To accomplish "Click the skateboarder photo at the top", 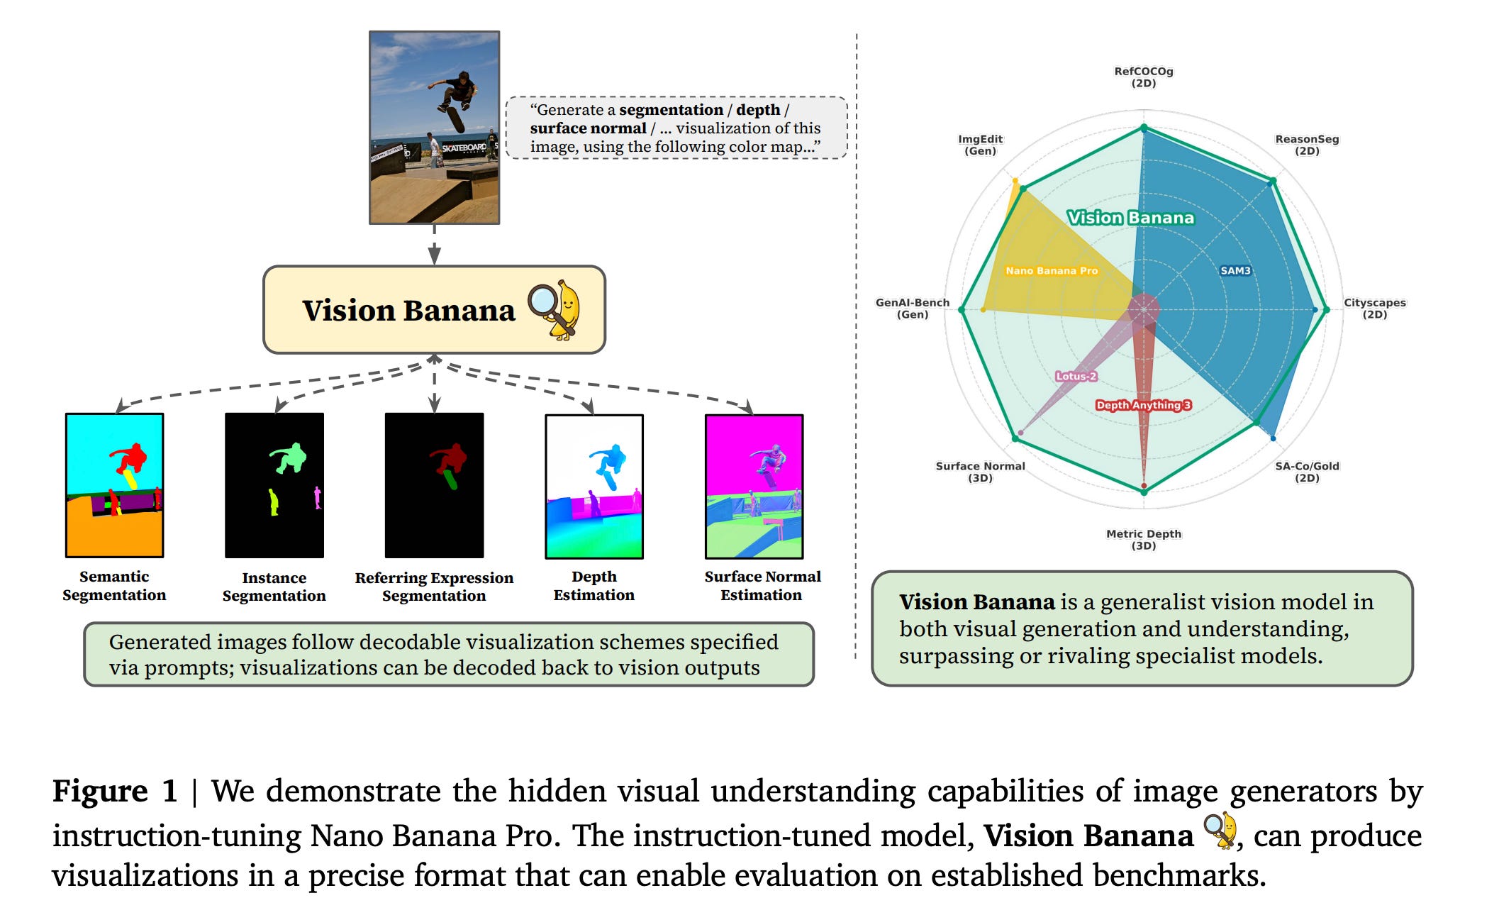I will click(434, 128).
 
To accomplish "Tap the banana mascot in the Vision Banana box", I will click(555, 309).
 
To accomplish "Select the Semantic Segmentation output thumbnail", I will click(114, 485).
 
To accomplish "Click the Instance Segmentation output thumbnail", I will click(274, 485).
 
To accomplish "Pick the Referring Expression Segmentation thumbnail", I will click(434, 485).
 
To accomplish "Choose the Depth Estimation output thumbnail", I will click(594, 487).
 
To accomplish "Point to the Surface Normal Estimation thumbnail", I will click(754, 487).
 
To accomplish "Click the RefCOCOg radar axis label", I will click(1143, 77).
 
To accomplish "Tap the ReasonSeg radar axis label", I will click(1307, 145).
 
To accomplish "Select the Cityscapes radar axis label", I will click(1374, 308).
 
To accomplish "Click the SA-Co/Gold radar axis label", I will click(1307, 472).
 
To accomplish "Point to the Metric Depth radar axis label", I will click(1143, 539).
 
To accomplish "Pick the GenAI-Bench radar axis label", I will click(912, 308).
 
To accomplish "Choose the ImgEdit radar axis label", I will click(980, 145).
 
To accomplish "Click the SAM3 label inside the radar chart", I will click(1235, 270).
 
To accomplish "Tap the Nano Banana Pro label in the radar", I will click(1051, 270).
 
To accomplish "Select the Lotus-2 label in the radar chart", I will click(1076, 376).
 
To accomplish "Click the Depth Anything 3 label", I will click(1143, 405).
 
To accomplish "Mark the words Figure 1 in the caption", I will click(114, 791).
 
